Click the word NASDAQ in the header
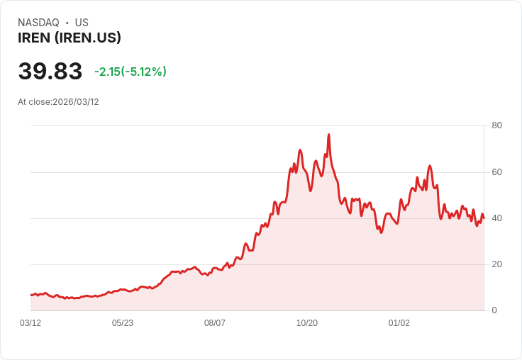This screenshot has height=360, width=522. [38, 23]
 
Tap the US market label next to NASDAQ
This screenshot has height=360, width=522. [82, 23]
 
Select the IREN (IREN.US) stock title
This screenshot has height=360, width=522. [70, 38]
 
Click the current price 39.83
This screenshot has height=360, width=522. [50, 72]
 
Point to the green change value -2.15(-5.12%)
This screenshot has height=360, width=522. [130, 72]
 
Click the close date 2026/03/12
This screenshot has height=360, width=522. [76, 102]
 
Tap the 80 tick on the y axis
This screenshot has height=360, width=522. [497, 125]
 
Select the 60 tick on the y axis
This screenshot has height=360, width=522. [497, 172]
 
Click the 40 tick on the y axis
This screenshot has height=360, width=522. [497, 218]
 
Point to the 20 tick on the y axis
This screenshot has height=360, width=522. [497, 264]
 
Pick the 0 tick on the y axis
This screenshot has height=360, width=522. [494, 310]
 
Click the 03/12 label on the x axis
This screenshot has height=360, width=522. [30, 323]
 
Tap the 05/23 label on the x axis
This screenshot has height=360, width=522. [123, 323]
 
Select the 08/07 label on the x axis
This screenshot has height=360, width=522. [215, 323]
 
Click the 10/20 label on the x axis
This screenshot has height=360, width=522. [307, 323]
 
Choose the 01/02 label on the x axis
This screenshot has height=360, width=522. [399, 323]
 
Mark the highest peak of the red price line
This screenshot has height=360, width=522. [328, 134]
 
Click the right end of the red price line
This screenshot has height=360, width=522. [484, 218]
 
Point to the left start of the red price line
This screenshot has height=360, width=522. [31, 295]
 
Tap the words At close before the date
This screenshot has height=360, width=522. [35, 102]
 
